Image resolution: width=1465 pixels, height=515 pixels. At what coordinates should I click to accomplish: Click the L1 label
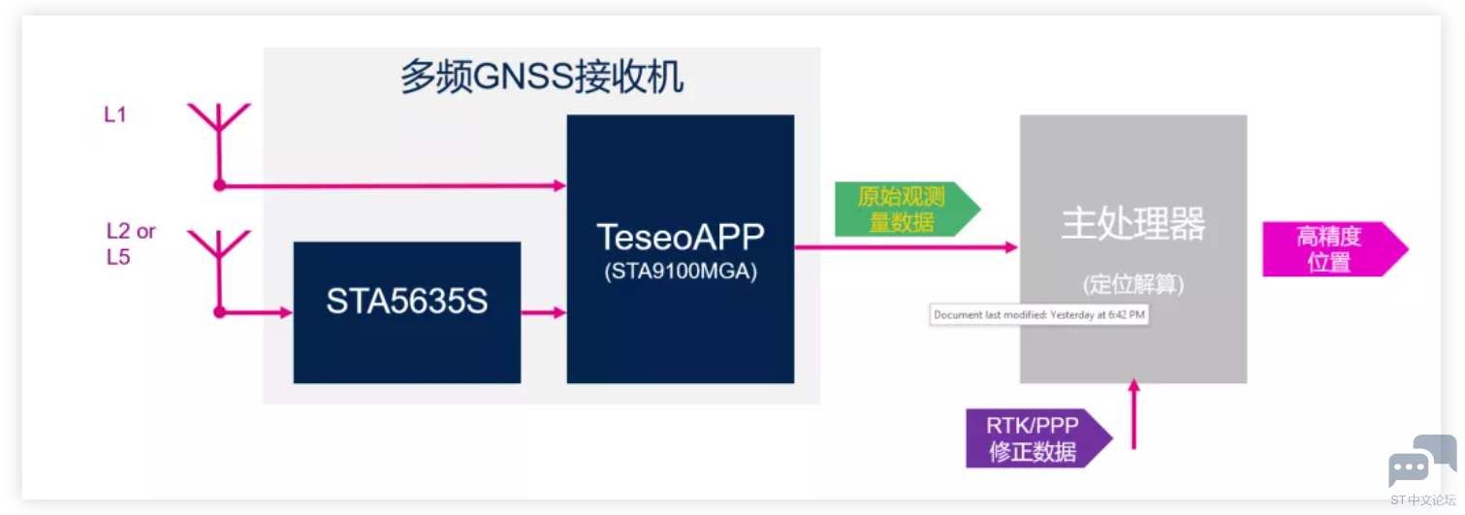[115, 114]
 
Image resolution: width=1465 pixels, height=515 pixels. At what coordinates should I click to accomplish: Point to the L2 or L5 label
[130, 244]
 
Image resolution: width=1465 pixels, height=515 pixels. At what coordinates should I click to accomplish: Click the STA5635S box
[407, 311]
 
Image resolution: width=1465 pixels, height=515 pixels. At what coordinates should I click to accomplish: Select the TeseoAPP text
[680, 237]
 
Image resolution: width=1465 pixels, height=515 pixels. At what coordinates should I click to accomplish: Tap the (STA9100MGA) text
[680, 272]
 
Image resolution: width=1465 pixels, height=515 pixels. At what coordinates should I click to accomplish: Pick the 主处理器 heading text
[1132, 224]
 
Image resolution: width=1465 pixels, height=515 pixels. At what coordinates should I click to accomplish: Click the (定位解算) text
[1132, 285]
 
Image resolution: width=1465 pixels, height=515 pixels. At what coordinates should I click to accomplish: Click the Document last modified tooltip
[1038, 315]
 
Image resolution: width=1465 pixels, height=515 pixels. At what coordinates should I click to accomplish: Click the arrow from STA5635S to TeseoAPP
[543, 312]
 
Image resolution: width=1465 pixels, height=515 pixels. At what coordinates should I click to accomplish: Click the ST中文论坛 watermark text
[1422, 500]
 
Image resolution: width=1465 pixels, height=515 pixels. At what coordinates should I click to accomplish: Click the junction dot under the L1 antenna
[219, 184]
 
